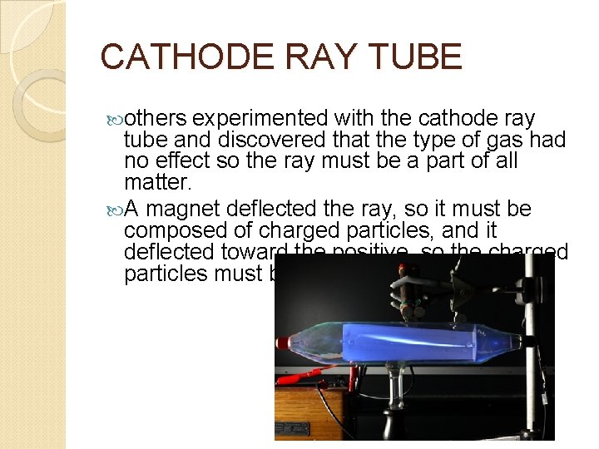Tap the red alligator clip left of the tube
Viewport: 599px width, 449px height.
(329, 382)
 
